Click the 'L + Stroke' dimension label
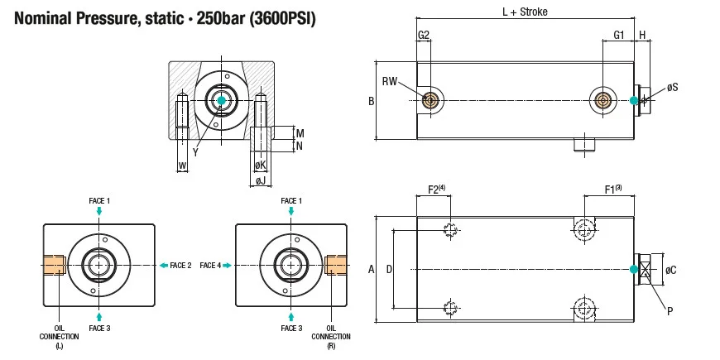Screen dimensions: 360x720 [x=525, y=12]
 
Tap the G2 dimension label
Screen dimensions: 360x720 [x=423, y=35]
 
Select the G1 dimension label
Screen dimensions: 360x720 [x=618, y=35]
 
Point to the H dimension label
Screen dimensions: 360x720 [x=643, y=35]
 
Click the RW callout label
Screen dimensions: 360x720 [x=391, y=80]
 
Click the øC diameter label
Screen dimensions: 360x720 [x=671, y=270]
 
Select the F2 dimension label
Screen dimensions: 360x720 [x=434, y=190]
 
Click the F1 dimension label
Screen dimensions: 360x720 [x=613, y=190]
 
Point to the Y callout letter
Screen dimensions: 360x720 [x=195, y=151]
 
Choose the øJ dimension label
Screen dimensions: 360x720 [x=260, y=180]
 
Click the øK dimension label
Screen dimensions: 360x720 [x=260, y=166]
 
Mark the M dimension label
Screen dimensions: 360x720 [x=300, y=133]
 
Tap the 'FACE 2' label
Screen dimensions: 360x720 [x=180, y=265]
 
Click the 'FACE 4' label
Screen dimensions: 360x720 [x=210, y=265]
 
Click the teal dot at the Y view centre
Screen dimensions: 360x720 [x=220, y=100]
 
